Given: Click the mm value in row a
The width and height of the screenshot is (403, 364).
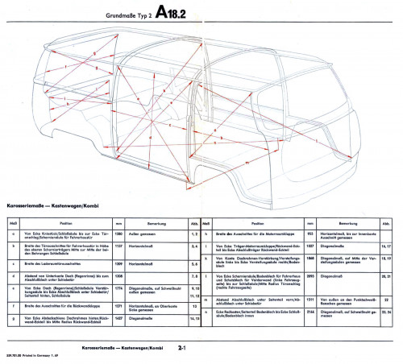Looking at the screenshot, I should pyautogui.click(x=118, y=232).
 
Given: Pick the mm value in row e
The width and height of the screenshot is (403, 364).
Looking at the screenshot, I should pyautogui.click(x=118, y=289).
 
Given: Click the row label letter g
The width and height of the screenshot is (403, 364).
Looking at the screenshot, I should pyautogui.click(x=12, y=319).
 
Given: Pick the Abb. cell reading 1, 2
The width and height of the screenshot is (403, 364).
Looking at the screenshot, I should pyautogui.click(x=193, y=232).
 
